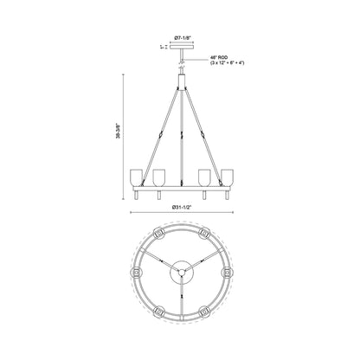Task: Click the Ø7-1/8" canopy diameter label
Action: click(181, 38)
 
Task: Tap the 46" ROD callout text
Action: click(219, 58)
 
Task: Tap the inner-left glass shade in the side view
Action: click(158, 177)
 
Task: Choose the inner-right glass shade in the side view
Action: click(204, 177)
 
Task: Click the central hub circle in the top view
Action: click(181, 269)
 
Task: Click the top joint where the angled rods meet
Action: click(181, 87)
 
